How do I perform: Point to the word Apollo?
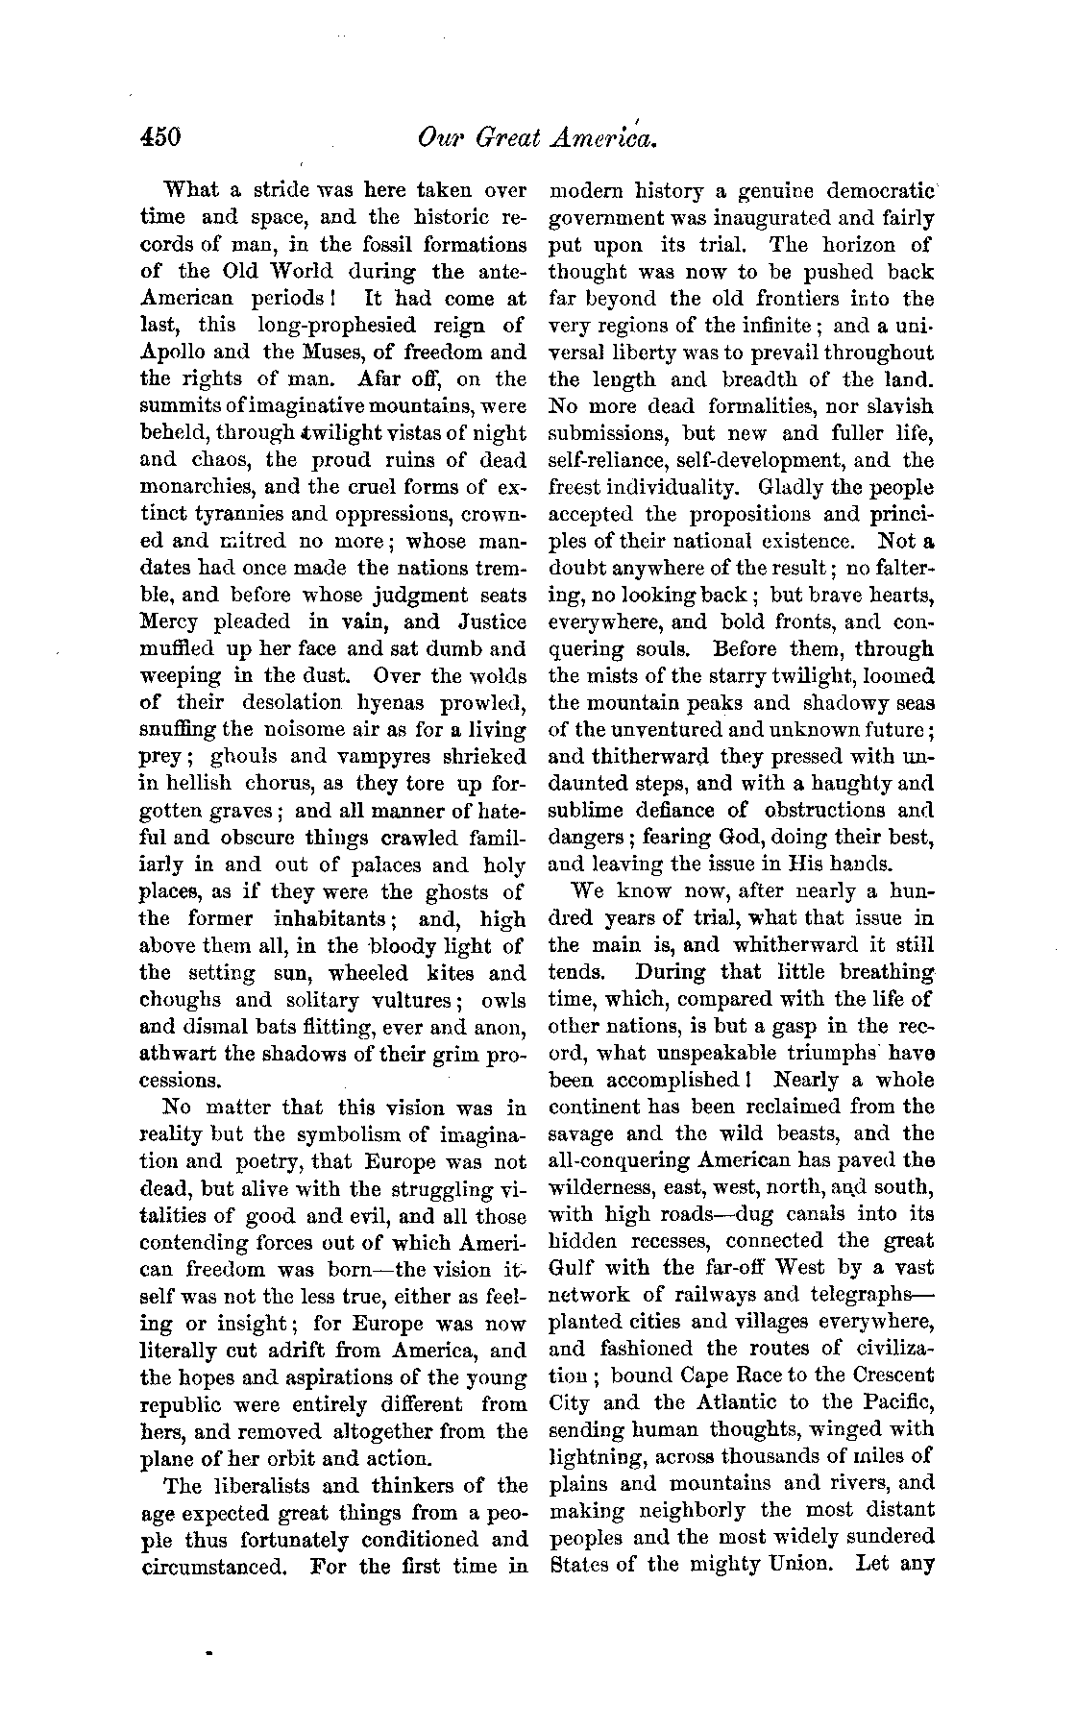(173, 352)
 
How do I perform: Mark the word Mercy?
(171, 621)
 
